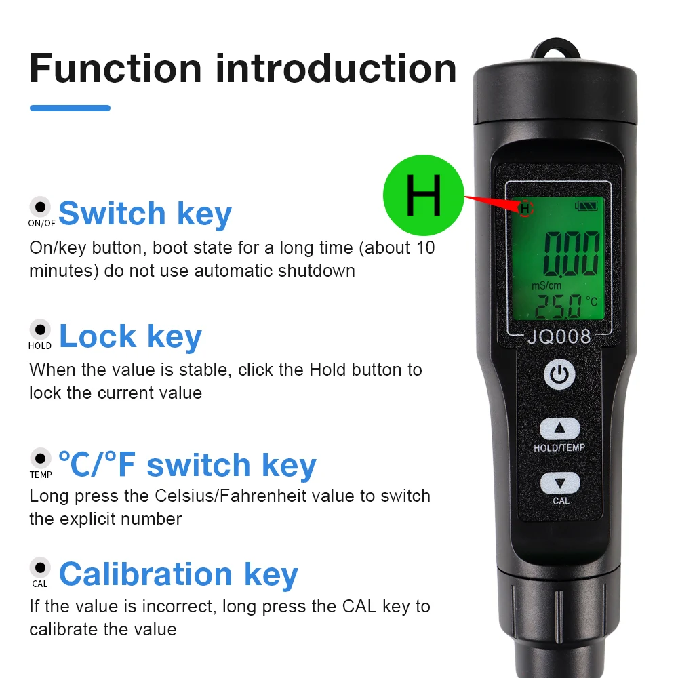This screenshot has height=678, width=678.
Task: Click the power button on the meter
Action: (559, 374)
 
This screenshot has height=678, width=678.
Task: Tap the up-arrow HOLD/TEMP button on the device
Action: (560, 428)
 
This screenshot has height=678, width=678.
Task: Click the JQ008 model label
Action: (559, 336)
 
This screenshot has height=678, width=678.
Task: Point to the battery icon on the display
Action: (586, 206)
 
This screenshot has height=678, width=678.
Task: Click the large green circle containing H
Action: (424, 195)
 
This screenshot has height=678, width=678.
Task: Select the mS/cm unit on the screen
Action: (546, 285)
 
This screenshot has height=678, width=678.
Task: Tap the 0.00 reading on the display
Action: (571, 254)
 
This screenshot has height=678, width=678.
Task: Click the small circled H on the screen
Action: (525, 208)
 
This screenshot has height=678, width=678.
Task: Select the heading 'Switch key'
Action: (145, 214)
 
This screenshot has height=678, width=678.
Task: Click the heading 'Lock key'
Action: (130, 336)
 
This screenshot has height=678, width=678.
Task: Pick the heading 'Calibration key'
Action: (178, 574)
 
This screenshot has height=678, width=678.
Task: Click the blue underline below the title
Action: (70, 108)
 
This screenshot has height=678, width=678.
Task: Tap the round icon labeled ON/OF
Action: (40, 207)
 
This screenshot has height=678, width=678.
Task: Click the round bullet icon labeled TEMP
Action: (40, 458)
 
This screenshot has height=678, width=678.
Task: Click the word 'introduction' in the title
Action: (336, 68)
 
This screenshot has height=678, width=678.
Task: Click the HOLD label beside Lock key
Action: (40, 346)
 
